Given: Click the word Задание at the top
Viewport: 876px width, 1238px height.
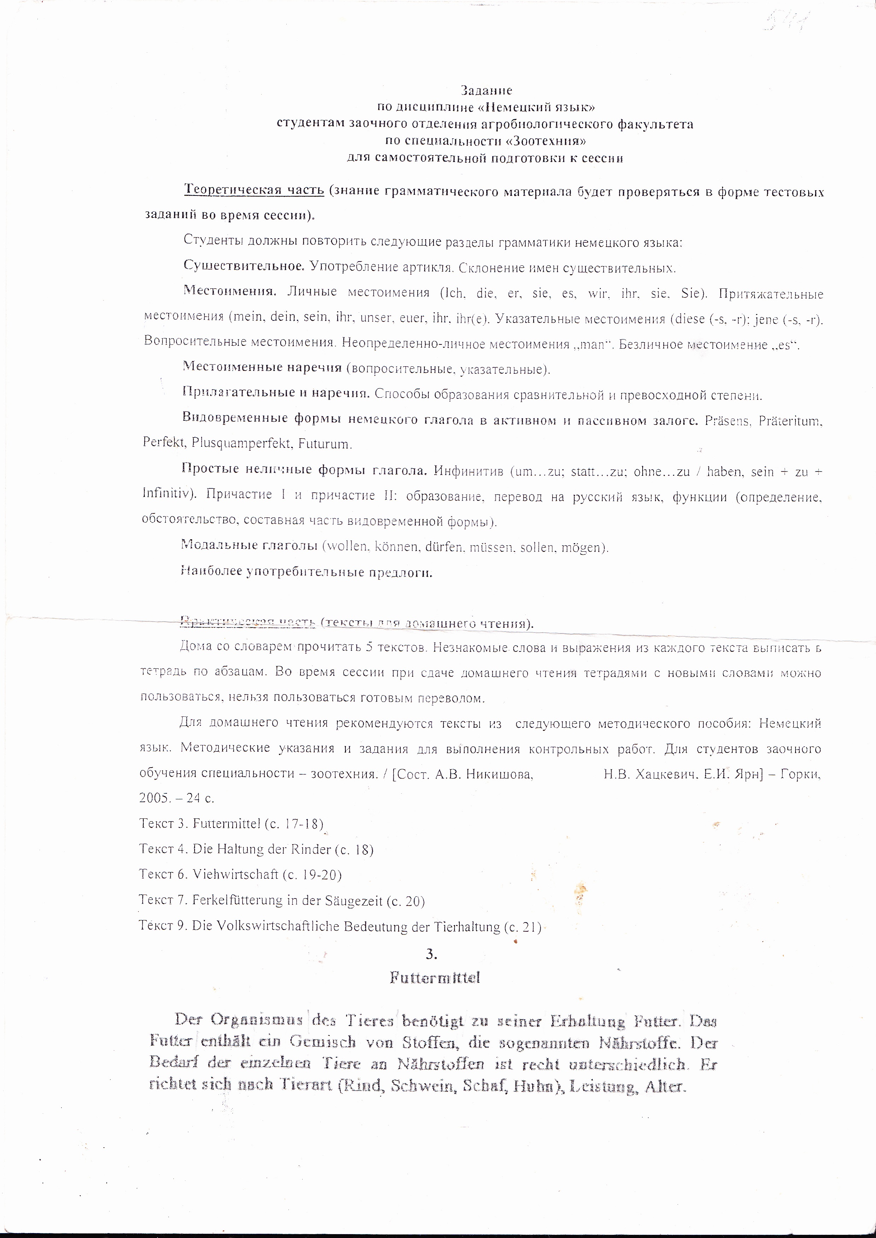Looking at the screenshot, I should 486,90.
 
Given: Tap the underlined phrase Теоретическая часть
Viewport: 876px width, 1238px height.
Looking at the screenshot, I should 254,190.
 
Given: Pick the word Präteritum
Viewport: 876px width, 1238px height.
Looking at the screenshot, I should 790,421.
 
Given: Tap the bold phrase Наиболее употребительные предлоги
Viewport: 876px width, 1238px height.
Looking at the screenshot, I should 306,572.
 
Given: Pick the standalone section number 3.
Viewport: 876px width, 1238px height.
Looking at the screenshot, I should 431,954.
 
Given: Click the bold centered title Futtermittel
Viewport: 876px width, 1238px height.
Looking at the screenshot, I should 435,978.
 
